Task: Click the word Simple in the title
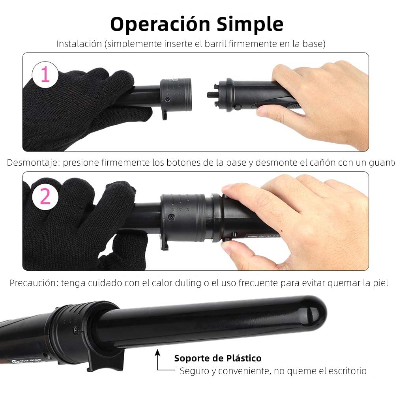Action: point(250,24)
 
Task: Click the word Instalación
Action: point(79,44)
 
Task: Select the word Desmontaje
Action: point(33,163)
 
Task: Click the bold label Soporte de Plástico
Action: point(218,358)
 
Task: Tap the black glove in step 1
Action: point(79,107)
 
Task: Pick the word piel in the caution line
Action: point(381,283)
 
